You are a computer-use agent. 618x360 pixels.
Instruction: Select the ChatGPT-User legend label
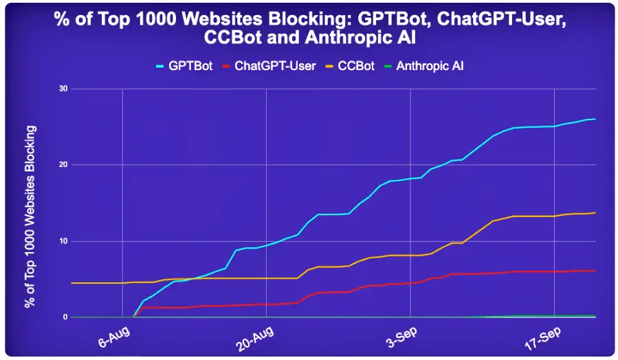pos(275,66)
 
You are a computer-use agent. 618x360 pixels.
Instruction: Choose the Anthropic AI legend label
pos(434,66)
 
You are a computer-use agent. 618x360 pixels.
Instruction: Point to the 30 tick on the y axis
pos(63,89)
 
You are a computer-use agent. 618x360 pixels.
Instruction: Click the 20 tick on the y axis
pos(63,165)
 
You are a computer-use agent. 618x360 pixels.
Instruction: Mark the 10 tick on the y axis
pos(63,241)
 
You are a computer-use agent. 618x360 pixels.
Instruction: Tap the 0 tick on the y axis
pos(65,317)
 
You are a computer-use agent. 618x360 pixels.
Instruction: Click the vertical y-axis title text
pos(30,216)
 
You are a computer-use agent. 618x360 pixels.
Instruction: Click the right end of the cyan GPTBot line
pos(595,119)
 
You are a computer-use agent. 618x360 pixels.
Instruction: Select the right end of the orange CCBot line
pos(595,213)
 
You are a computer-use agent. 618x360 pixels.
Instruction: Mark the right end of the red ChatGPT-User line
pos(595,271)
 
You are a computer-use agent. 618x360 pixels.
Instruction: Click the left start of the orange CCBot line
pos(72,283)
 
